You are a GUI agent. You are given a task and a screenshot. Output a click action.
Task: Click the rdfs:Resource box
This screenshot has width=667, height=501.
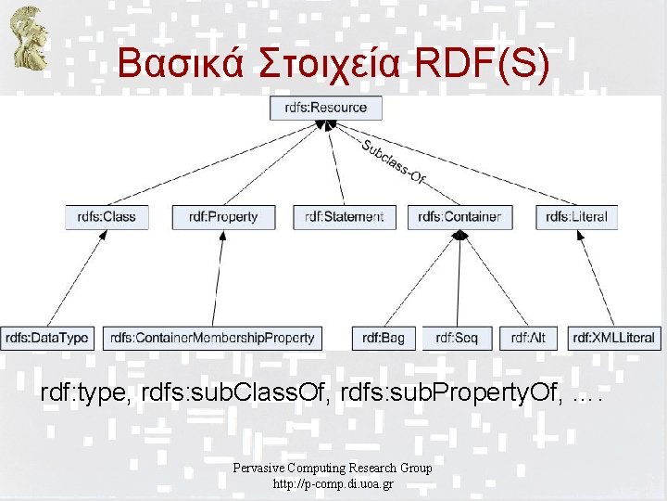326,108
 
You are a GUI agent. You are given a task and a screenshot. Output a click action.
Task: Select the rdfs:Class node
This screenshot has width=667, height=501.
107,217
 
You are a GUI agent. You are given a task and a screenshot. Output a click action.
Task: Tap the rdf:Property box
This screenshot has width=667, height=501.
222,217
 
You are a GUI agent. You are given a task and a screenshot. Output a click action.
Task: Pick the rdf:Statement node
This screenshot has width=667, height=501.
344,217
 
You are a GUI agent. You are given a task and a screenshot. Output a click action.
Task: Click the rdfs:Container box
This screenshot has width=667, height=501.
459,217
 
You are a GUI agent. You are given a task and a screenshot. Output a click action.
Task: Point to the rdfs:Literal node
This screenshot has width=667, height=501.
576,217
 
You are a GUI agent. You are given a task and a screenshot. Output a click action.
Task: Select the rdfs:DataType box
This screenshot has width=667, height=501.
46,338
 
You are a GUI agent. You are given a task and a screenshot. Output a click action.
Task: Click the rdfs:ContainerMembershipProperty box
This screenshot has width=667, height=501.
212,338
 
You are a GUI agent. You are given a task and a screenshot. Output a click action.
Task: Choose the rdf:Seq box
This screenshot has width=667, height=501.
458,338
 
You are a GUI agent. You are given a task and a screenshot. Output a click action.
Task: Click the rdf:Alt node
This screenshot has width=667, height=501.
528,338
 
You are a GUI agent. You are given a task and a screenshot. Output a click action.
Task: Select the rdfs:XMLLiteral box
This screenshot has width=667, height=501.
613,338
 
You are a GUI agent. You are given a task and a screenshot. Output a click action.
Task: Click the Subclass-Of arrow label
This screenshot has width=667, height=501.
393,162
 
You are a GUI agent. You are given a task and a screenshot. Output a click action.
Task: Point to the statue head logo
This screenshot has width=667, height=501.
27,37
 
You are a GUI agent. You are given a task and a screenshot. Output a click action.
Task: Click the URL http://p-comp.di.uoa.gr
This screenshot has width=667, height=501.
333,484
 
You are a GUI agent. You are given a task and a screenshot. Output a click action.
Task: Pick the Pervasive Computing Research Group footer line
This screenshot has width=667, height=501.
333,469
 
